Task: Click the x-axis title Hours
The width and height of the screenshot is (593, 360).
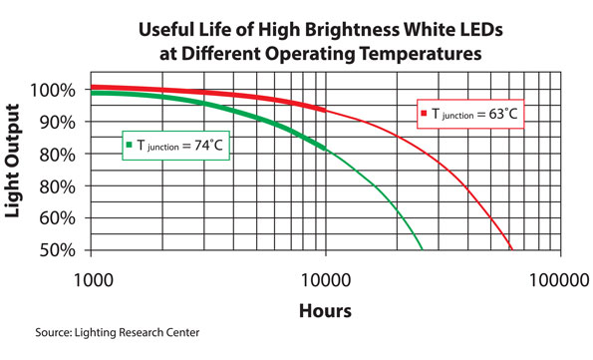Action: (325, 310)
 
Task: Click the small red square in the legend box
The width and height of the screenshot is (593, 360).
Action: (424, 114)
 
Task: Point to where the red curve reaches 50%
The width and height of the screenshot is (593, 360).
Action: (512, 249)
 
